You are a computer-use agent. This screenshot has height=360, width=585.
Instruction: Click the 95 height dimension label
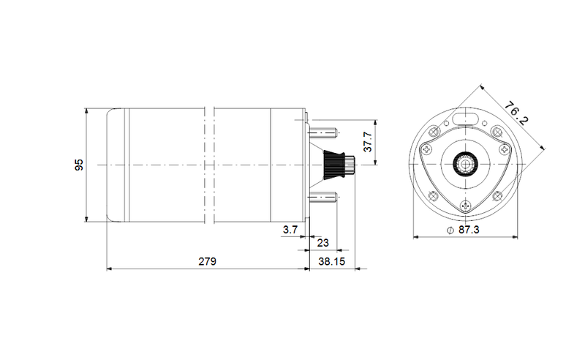point(79,165)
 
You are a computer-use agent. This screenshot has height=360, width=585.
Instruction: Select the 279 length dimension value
point(207,261)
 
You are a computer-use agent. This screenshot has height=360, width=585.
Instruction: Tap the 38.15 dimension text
point(332,261)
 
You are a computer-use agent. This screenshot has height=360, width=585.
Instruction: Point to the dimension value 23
point(323,243)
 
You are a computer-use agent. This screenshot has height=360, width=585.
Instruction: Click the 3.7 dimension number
point(290,230)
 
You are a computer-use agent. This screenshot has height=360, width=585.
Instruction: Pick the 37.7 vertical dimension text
point(368,141)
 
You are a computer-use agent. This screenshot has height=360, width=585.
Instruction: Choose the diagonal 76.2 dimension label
point(517,114)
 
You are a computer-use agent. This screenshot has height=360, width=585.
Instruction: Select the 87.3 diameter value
point(469,230)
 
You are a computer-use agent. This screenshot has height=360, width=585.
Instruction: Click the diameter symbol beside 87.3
point(450,230)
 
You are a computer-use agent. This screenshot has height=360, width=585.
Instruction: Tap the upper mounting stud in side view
point(323,132)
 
